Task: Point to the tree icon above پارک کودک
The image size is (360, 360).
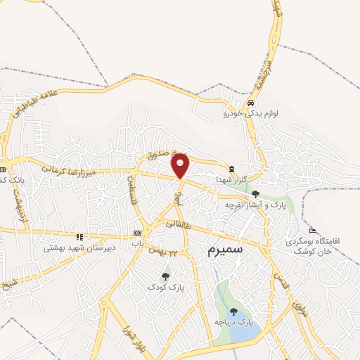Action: tap(166, 276)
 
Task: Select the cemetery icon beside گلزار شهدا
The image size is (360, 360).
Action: tap(231, 168)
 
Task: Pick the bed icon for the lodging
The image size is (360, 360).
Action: tap(313, 230)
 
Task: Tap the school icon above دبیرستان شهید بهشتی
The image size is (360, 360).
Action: tap(79, 237)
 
